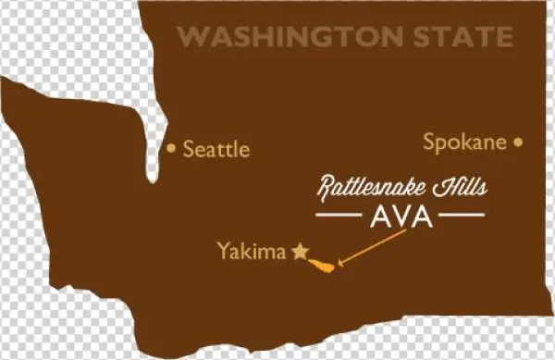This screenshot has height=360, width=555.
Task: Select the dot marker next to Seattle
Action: tap(171, 147)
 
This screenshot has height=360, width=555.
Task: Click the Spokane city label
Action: tap(464, 143)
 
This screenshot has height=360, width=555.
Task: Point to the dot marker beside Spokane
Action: tap(518, 143)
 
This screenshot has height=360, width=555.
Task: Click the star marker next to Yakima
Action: tap(300, 251)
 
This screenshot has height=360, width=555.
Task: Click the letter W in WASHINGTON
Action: tap(190, 37)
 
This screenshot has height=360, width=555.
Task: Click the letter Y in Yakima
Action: tap(222, 250)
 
